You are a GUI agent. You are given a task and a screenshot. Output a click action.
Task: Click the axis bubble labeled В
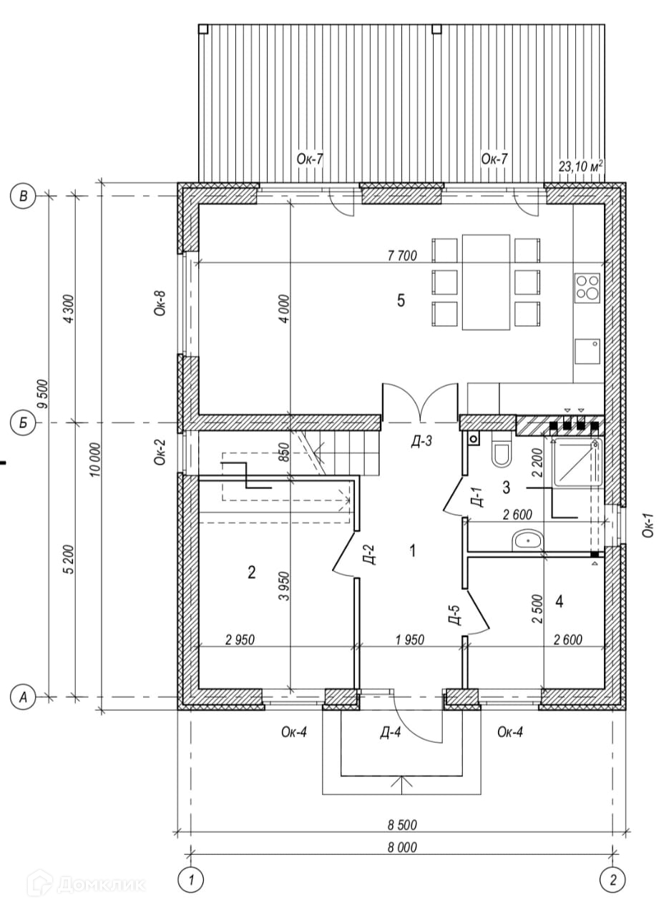[x=24, y=196]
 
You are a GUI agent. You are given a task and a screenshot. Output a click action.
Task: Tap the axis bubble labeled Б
[x=24, y=423]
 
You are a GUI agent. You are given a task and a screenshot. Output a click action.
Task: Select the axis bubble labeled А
[x=24, y=696]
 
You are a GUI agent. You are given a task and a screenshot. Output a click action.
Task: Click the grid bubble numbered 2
[x=612, y=878]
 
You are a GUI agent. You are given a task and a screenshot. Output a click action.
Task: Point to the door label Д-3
[x=421, y=442]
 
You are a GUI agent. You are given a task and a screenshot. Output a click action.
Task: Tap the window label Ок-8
[x=161, y=302]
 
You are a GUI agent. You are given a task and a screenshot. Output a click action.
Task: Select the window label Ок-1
[x=648, y=524]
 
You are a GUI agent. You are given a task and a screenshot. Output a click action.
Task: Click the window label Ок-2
[x=161, y=452]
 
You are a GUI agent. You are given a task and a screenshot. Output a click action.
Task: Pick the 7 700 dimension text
[x=401, y=255]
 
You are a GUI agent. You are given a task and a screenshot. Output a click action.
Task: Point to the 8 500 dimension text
[x=401, y=825]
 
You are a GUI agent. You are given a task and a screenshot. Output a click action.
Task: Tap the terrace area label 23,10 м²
[x=580, y=166]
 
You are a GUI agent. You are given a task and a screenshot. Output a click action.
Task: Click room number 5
[x=401, y=301]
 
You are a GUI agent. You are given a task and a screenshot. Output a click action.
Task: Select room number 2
[x=251, y=572]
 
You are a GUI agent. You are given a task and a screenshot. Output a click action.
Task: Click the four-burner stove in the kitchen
[x=587, y=287]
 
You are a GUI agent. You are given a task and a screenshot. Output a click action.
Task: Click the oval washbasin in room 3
[x=529, y=540]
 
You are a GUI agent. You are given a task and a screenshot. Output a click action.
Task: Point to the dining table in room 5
[x=486, y=282]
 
